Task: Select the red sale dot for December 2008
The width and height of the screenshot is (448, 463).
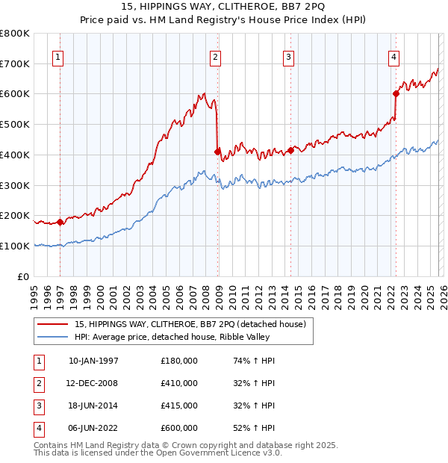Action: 217,152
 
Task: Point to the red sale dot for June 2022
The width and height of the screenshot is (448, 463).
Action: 396,93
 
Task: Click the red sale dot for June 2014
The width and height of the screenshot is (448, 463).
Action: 290,150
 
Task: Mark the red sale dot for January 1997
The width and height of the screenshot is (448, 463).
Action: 60,221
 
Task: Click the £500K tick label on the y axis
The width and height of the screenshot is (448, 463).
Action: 15,124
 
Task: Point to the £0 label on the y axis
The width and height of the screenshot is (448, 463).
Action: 24,276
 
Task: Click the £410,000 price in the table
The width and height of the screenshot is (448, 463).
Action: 179,383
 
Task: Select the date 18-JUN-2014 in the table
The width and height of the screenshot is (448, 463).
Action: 93,405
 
